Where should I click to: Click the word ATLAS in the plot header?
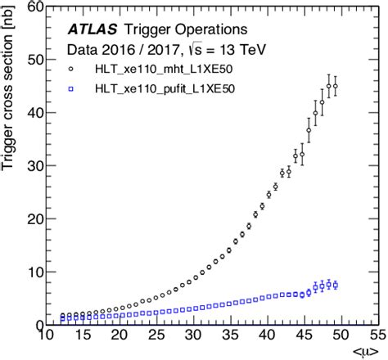(x=92, y=30)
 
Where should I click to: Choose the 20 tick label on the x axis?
(x=120, y=336)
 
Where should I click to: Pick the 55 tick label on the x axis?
(x=377, y=336)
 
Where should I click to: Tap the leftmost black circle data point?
(x=62, y=316)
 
